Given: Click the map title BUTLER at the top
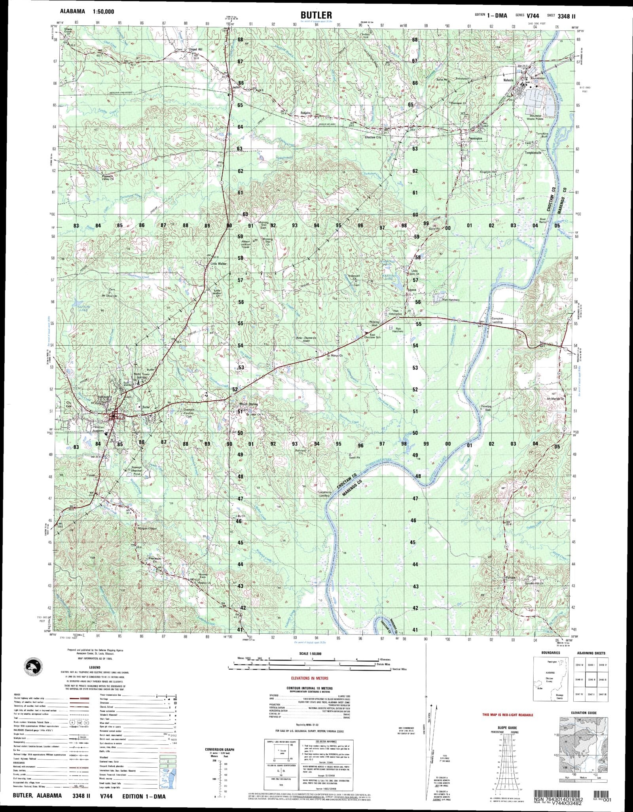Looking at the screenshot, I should coord(316,15).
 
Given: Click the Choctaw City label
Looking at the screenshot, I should coord(373,137).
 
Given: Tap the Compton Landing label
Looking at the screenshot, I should coord(497,320).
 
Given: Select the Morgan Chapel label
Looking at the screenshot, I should coord(147,529).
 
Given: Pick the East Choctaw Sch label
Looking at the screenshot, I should coord(373,336).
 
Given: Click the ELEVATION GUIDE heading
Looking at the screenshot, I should coord(584,713).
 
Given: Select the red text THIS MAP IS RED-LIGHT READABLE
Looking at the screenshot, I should coord(508,715).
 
